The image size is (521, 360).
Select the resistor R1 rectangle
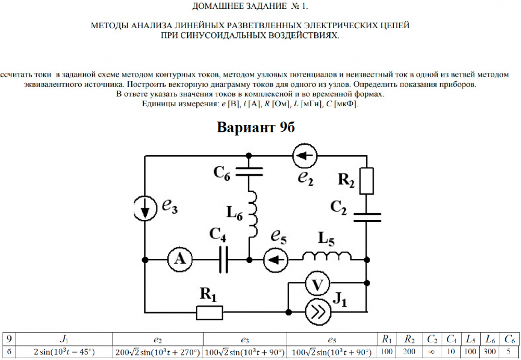pos(209,313)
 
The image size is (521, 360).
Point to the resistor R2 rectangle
pos(367,181)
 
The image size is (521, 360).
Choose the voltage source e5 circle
pos(276,259)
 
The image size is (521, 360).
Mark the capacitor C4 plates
pos(224,259)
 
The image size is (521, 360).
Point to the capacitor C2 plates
pos(367,216)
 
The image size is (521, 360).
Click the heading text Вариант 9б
pos(256,128)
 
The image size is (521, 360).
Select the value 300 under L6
pos(490,352)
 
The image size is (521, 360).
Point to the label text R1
pos(208,295)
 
